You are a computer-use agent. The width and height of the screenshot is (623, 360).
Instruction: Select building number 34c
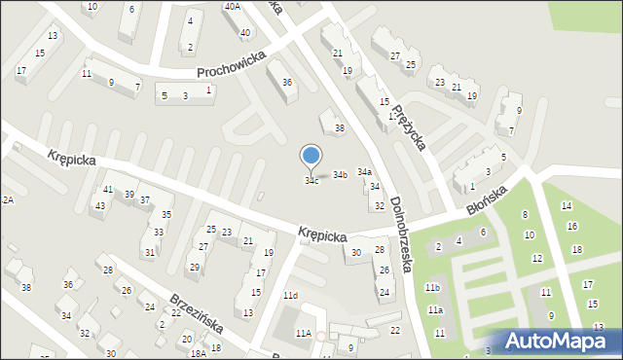311,181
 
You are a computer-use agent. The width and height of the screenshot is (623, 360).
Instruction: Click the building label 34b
340,175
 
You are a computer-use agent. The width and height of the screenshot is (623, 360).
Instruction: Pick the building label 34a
364,172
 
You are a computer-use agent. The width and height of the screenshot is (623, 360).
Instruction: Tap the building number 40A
232,7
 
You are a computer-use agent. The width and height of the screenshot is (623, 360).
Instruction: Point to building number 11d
290,295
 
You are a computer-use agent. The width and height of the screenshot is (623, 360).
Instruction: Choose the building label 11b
432,288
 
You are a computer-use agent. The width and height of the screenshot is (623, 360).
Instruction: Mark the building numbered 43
99,206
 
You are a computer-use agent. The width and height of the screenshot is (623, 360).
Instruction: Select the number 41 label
108,189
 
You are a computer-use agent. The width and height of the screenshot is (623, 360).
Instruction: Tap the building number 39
129,195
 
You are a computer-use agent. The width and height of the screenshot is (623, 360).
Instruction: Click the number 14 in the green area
568,205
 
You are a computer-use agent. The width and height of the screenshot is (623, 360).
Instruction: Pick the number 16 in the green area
572,227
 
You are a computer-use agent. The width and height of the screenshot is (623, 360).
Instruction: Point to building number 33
158,233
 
